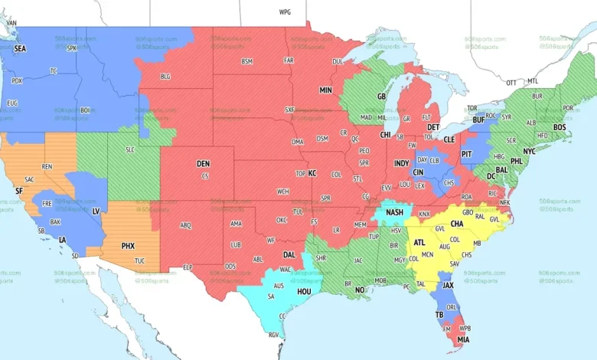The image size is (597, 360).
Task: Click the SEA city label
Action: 20,48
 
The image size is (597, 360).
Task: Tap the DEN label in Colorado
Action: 203,164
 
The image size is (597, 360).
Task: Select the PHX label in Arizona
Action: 128,246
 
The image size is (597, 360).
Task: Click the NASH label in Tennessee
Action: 395,212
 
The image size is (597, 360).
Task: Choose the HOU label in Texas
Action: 304,292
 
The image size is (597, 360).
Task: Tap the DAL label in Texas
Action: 289,254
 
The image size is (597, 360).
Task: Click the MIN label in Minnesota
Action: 326,90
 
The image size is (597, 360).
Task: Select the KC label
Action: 312,174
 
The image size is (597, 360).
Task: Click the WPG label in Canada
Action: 285,13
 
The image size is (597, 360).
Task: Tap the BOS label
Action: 559,127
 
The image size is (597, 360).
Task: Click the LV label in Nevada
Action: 96,211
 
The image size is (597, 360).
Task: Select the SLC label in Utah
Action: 132,150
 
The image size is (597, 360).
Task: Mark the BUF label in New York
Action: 479,120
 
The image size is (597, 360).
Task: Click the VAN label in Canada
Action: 11,23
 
